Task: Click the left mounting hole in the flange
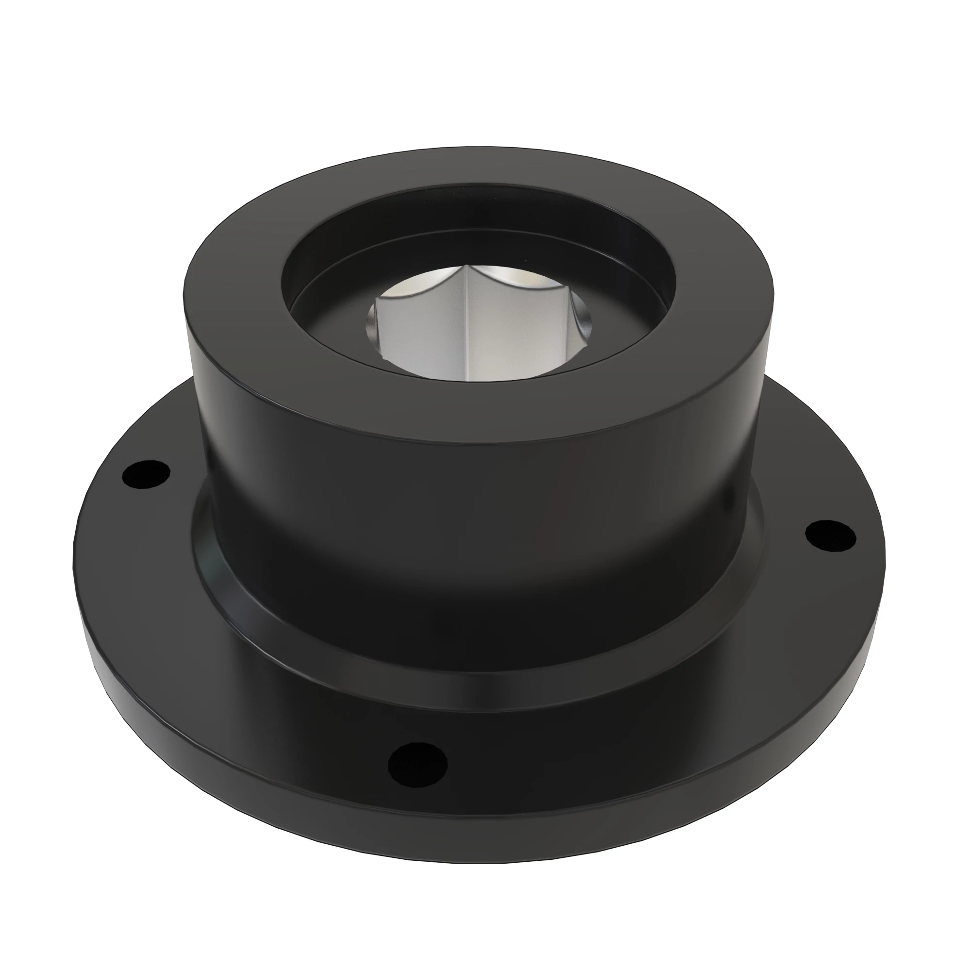point(147,474)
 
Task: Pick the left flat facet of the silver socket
point(422,337)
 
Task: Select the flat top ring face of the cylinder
point(477,402)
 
